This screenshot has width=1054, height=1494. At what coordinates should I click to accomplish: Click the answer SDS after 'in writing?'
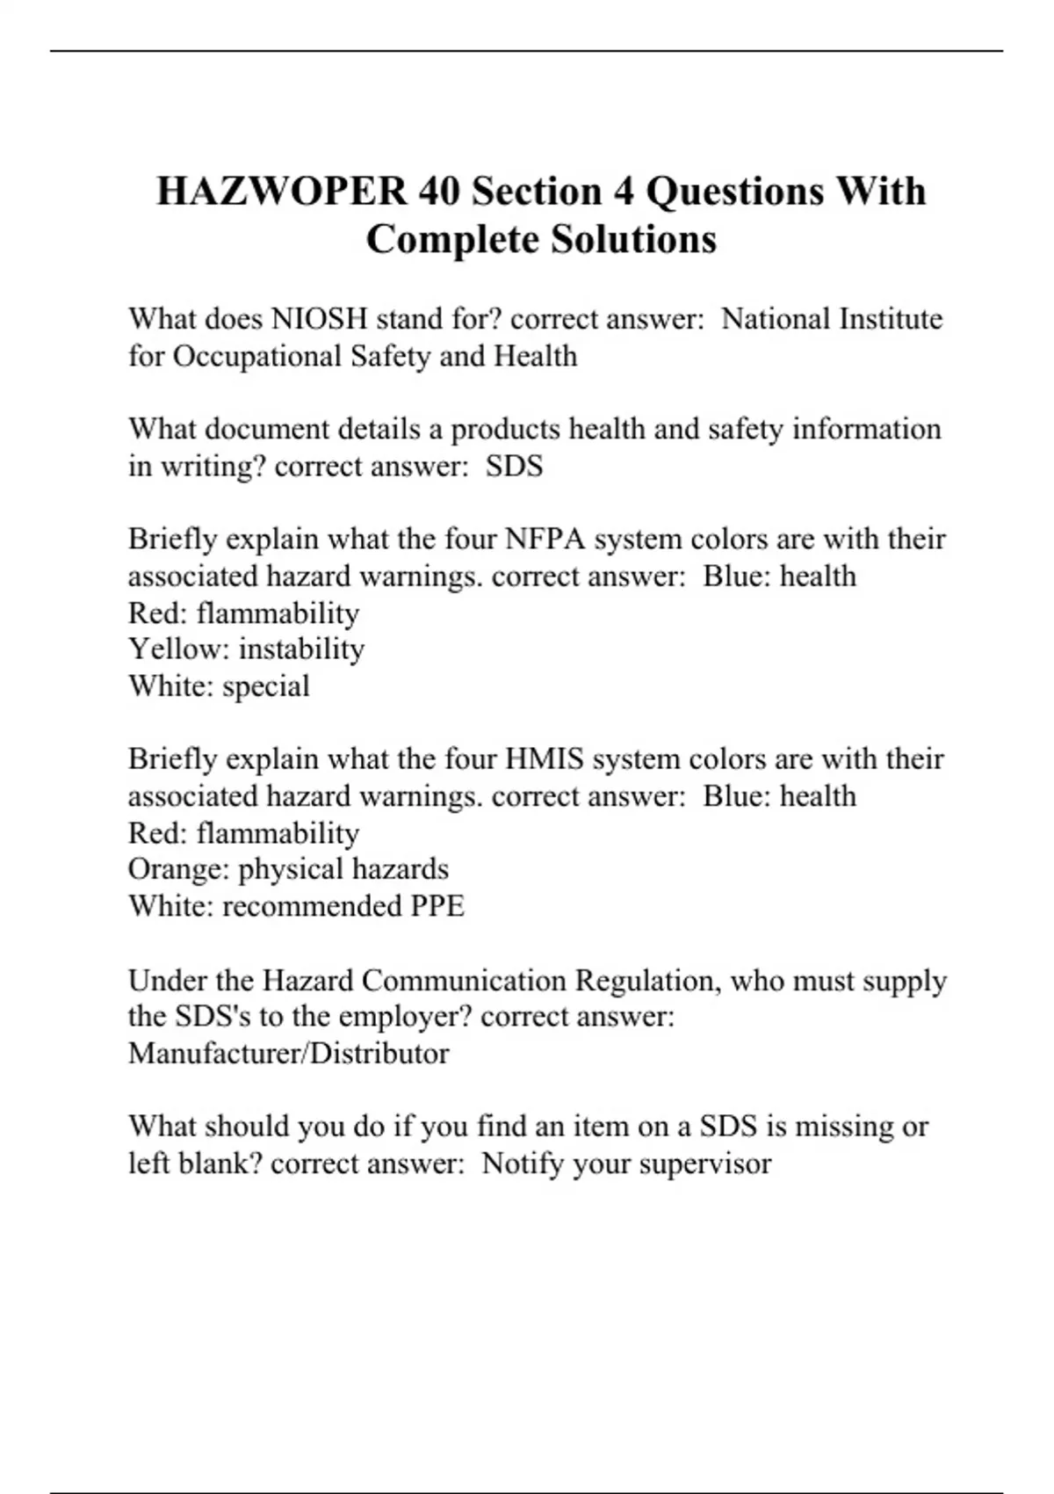514,466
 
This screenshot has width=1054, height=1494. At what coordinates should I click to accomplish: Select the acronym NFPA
545,539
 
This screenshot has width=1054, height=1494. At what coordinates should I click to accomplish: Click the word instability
301,649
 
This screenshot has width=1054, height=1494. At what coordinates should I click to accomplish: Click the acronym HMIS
545,758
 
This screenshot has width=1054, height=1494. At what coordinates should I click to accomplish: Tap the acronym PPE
437,906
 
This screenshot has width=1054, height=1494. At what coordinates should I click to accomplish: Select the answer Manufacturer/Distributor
288,1053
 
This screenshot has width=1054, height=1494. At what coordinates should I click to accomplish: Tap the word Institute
890,318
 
